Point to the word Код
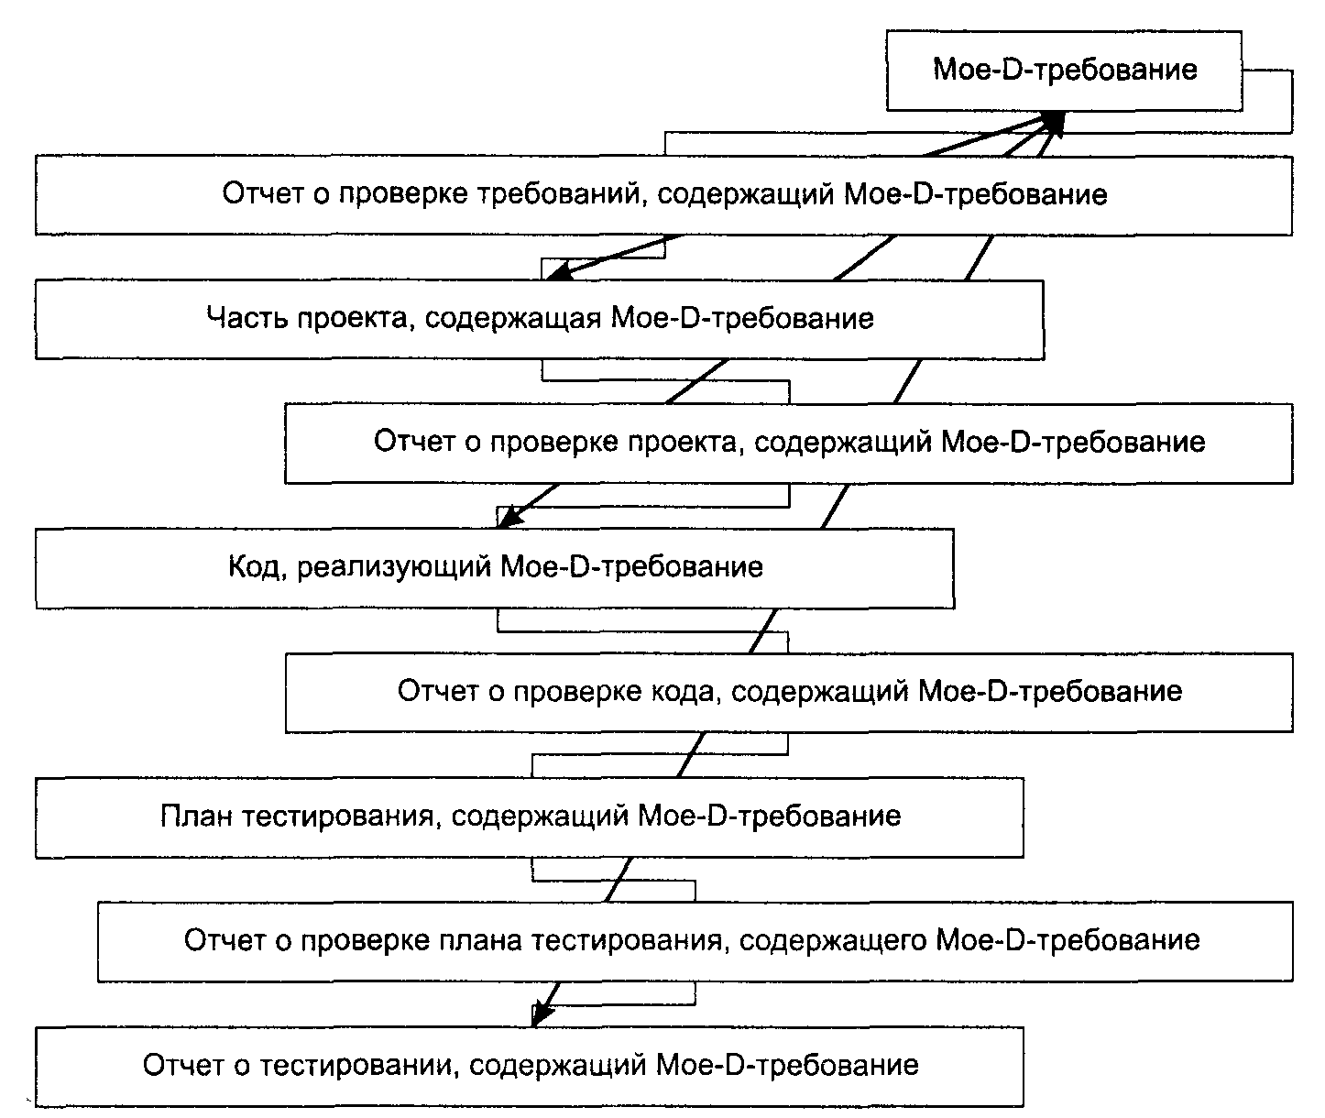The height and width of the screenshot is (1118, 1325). (x=254, y=566)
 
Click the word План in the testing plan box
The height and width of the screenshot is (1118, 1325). (x=196, y=816)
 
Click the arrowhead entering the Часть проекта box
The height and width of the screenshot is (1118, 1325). (x=558, y=272)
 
